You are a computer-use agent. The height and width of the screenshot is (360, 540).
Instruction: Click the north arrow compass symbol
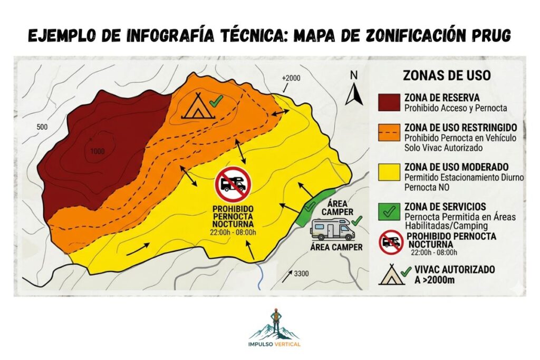353,88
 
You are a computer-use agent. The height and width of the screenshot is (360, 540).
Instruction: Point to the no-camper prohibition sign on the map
233,184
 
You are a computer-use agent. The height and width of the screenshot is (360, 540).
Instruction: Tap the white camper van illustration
332,230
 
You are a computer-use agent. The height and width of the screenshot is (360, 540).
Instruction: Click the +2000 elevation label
291,78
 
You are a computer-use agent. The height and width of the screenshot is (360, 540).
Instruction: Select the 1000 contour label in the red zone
97,152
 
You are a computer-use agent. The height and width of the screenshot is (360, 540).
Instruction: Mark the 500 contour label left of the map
43,127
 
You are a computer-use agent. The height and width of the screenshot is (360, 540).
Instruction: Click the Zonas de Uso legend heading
446,75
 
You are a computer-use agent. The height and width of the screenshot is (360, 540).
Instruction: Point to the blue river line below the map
260,276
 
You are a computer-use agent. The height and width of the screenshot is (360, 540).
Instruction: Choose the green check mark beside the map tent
214,100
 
